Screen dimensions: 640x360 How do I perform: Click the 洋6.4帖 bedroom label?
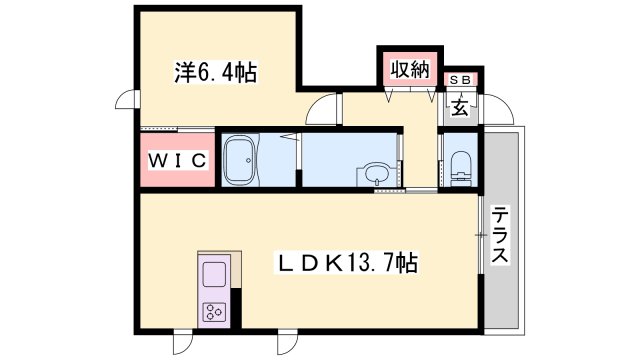pos(216,72)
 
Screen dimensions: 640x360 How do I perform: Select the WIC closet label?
pos(178,160)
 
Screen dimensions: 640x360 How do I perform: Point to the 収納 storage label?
pos(410,70)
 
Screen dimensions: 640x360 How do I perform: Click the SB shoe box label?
pos(460,80)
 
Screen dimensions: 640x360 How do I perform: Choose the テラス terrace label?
pos(500,235)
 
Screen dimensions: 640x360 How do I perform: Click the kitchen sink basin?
pos(214,274)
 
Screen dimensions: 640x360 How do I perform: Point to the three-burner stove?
pos(214,312)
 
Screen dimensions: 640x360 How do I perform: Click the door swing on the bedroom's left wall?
pos(127,99)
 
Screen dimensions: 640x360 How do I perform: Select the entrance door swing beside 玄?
pos(497,109)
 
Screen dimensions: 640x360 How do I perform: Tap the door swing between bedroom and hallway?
pos(323,109)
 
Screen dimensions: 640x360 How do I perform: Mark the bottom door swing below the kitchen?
pos(182,343)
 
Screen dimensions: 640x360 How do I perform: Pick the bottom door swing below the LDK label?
pos(288,343)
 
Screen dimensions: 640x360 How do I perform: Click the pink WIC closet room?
pos(178,160)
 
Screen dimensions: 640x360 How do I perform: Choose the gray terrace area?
pos(501,230)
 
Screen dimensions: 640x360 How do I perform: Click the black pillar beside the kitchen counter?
pos(236,307)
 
